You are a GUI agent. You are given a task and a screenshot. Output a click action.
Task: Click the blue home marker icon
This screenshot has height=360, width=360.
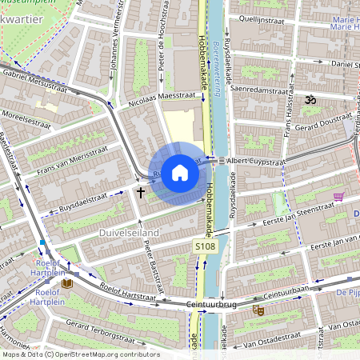click(x=180, y=173)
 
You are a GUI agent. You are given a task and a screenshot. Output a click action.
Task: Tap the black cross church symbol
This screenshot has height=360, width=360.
click(x=141, y=192)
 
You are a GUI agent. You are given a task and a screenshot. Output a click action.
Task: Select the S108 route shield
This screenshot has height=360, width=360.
click(x=205, y=249)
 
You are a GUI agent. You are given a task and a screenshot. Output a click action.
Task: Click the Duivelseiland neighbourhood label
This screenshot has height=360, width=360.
click(x=128, y=232)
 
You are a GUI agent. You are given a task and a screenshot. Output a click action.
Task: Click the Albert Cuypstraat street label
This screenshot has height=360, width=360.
click(x=256, y=161)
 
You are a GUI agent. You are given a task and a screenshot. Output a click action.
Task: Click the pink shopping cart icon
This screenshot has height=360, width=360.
click(x=339, y=196)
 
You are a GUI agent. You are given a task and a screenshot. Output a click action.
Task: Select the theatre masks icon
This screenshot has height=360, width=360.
click(x=258, y=310)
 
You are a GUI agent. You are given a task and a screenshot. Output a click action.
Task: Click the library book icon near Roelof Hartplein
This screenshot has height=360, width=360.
click(x=67, y=283)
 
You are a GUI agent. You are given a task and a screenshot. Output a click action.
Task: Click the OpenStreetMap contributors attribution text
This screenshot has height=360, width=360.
click(x=80, y=354)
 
